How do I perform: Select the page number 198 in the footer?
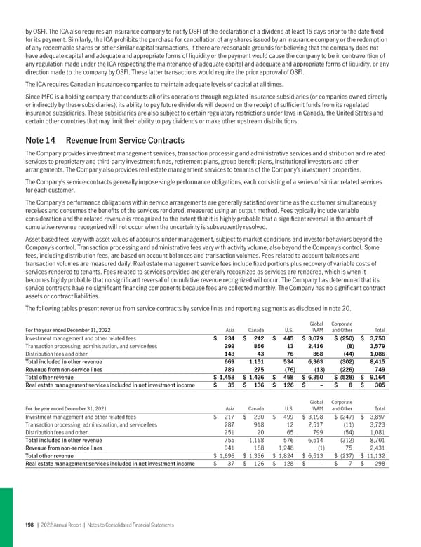pos(30,525)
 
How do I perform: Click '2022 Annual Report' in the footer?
pos(62,525)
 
